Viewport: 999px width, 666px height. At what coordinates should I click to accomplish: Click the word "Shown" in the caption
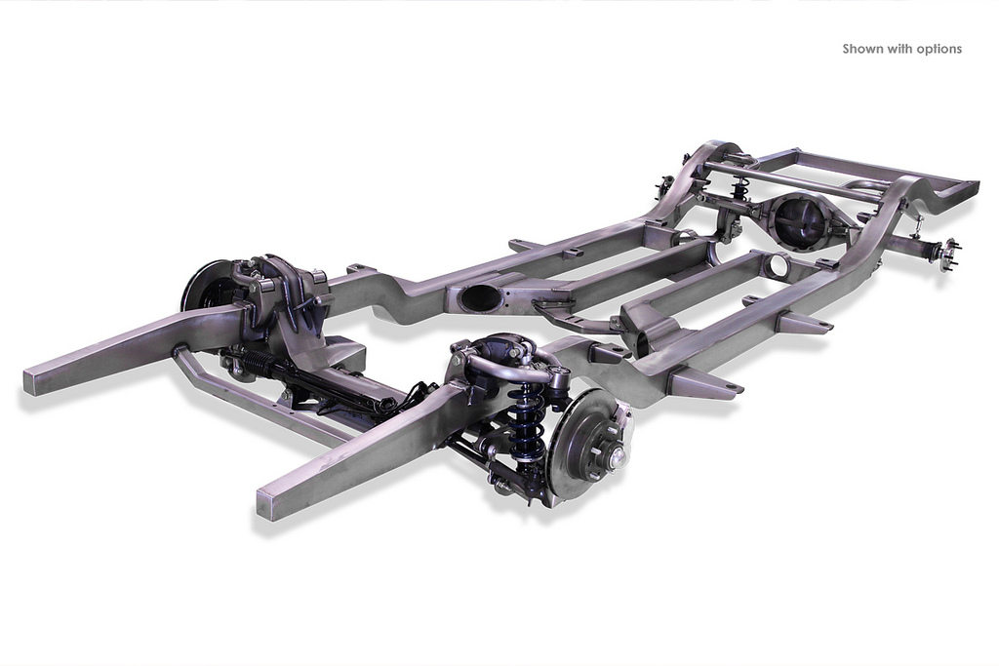tap(862, 49)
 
